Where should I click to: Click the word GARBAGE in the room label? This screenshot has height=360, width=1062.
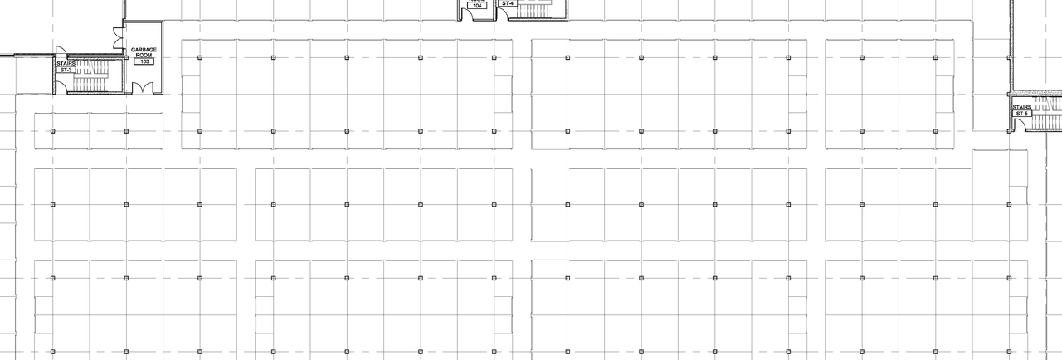coord(144,50)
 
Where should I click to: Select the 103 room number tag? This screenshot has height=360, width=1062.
coord(144,61)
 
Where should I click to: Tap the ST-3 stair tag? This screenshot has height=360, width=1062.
coord(66,71)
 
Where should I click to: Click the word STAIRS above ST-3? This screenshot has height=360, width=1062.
coord(66,63)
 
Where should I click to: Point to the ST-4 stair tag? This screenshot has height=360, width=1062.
coord(508,3)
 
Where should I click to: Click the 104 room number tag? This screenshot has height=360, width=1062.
coord(476,5)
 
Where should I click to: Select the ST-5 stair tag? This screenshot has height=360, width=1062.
coord(1021,114)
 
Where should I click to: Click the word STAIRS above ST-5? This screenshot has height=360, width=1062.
coord(1021,107)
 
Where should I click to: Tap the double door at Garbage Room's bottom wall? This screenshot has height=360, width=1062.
coord(139,87)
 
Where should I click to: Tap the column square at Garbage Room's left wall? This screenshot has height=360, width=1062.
coord(126,57)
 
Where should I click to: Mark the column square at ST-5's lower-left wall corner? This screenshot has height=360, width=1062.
coord(1010,131)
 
